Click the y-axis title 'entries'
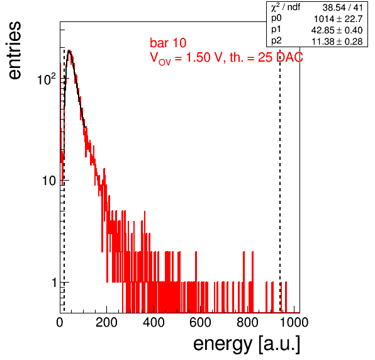tap(15, 50)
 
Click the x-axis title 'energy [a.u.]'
tap(247, 345)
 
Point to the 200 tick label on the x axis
tap(106, 322)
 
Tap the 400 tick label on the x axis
tap(154, 322)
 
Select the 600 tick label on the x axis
tap(200, 322)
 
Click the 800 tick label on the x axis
tap(247, 322)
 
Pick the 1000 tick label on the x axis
tap(294, 322)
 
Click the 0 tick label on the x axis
tap(60, 322)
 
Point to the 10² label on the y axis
tap(47, 79)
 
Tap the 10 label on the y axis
tap(49, 181)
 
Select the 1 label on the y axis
tap(54, 283)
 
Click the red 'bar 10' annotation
tap(168, 43)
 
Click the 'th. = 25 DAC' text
tap(266, 57)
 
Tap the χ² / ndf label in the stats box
tap(285, 7)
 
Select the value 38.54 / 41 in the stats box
tap(342, 8)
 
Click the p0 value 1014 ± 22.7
tap(338, 19)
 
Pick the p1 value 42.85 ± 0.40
tap(337, 30)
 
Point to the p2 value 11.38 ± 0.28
tap(337, 42)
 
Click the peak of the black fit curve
tap(69, 51)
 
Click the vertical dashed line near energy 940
tap(280, 179)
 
